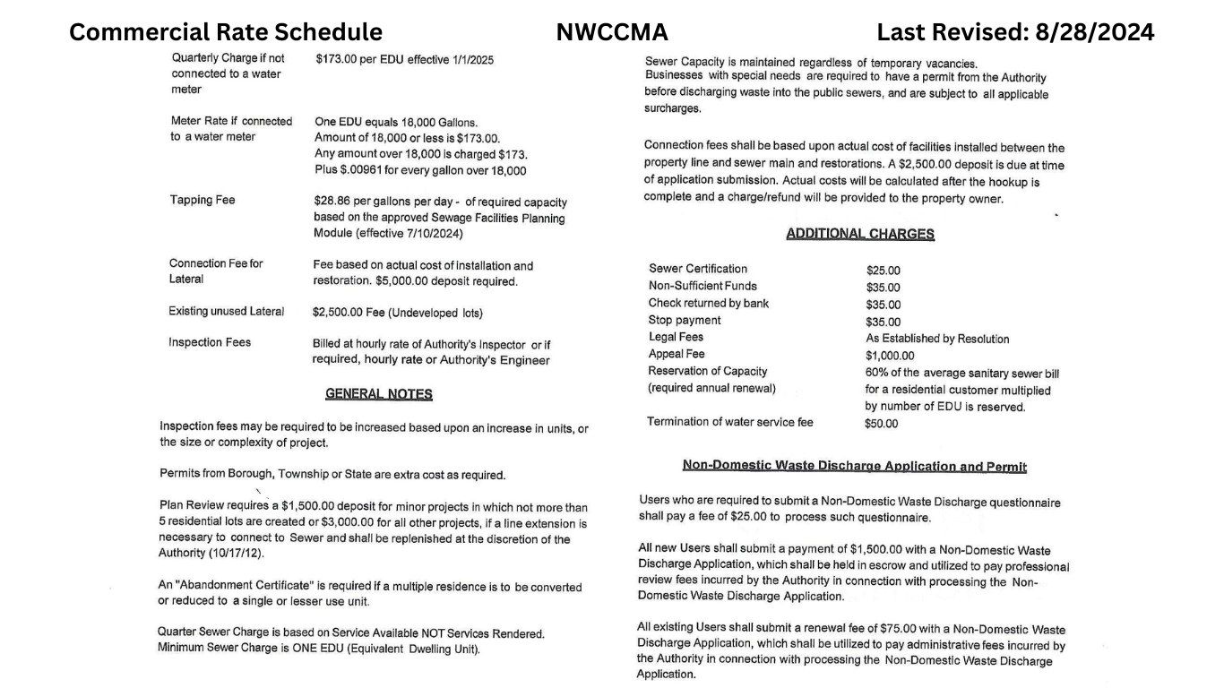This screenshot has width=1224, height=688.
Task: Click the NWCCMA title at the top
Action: tap(612, 32)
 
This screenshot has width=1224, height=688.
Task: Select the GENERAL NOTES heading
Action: tap(378, 394)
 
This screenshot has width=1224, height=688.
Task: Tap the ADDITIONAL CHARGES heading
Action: tap(859, 234)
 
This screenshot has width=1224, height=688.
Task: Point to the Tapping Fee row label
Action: tap(203, 200)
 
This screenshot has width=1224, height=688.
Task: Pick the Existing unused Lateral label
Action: tap(226, 312)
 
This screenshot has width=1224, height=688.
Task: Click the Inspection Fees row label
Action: tap(210, 342)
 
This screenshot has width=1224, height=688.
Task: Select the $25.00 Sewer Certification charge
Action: tap(883, 270)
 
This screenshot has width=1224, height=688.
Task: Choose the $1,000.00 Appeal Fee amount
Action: tap(890, 355)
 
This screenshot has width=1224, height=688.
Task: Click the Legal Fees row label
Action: tap(676, 337)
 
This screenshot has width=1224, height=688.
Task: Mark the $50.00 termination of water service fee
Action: tap(881, 424)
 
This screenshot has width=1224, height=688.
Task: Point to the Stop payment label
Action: tap(684, 320)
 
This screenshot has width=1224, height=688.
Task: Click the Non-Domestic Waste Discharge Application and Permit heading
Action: tap(854, 466)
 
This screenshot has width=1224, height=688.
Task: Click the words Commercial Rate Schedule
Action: tap(226, 32)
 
